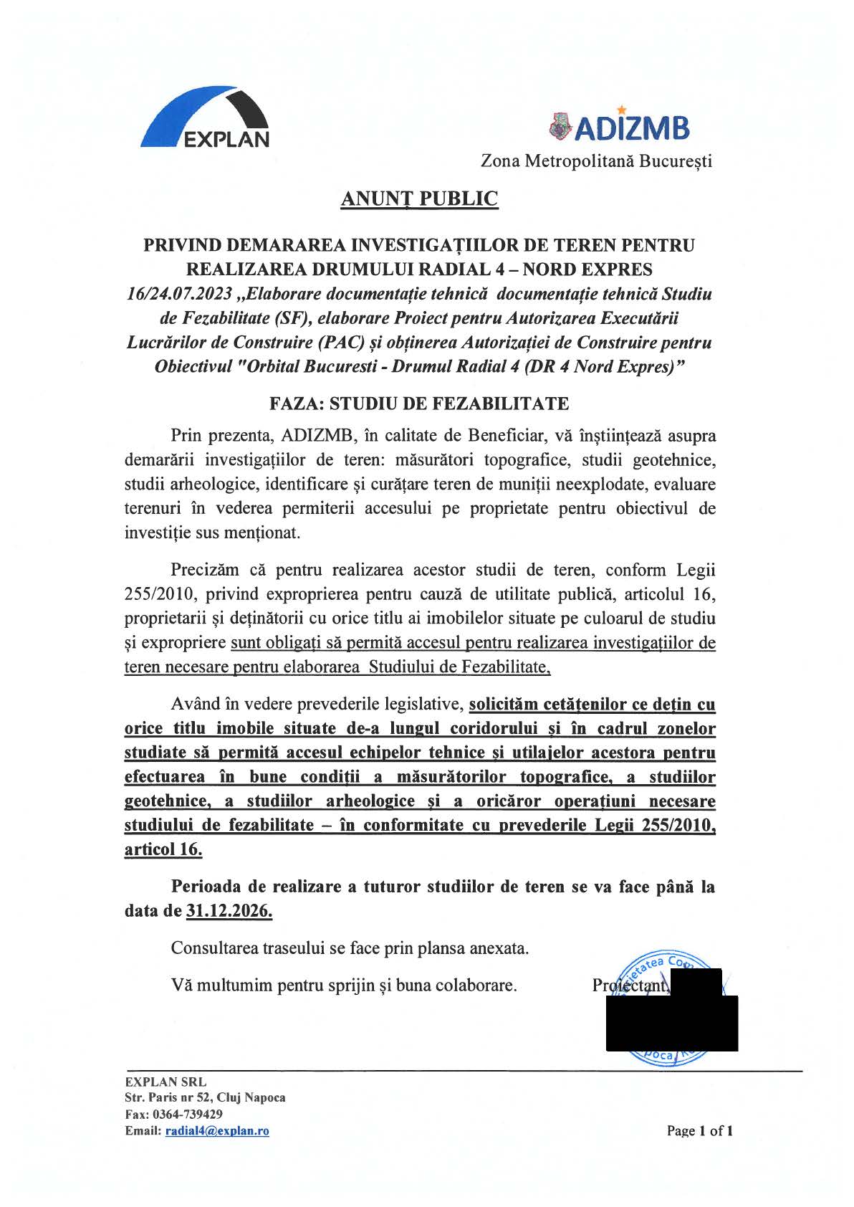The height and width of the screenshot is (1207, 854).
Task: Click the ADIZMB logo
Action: [619, 127]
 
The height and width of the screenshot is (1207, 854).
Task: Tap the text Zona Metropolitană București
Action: [596, 161]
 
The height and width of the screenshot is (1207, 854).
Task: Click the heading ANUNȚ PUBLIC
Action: [419, 199]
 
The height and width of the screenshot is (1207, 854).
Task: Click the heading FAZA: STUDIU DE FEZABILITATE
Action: [419, 404]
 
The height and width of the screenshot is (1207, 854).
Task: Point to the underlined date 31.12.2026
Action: [229, 911]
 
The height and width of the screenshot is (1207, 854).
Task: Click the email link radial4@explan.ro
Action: [217, 1131]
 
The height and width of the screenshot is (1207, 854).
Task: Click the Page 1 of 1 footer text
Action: [699, 1131]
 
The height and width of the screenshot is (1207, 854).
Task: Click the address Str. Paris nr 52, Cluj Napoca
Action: [205, 1098]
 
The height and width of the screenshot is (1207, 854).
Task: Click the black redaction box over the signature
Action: [671, 1021]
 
